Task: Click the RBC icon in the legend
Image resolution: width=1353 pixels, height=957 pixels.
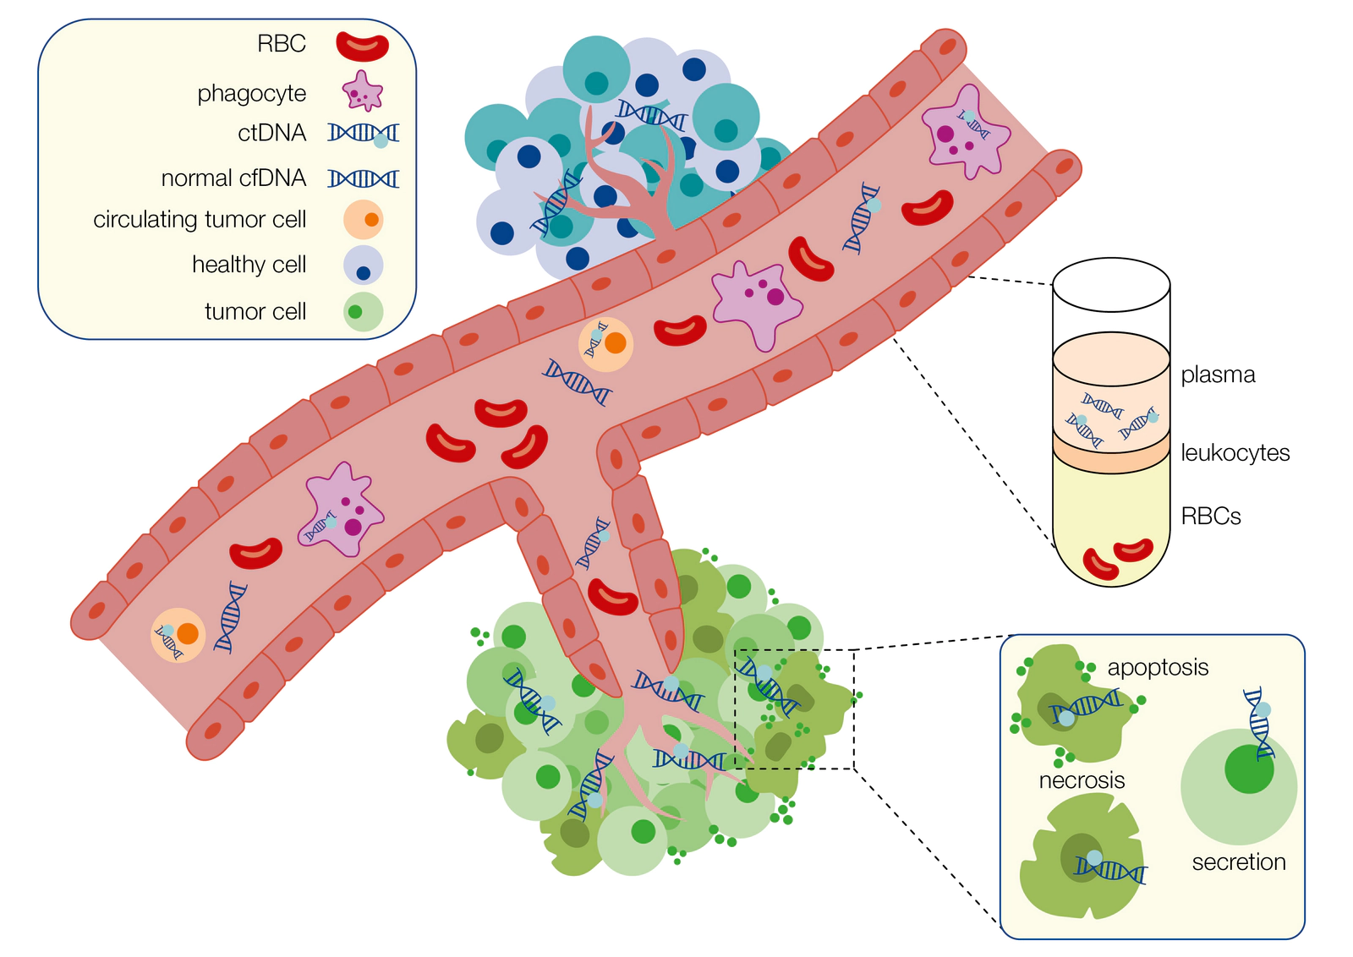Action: pos(363,46)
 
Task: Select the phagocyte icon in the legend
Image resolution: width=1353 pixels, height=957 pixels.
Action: pos(363,91)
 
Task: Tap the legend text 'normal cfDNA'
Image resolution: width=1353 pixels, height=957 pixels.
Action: pos(233,178)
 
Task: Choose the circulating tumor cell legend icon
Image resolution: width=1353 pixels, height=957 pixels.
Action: pos(364,219)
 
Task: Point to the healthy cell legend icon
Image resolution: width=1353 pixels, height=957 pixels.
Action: pos(363,265)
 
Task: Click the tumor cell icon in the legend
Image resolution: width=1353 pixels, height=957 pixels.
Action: pos(363,312)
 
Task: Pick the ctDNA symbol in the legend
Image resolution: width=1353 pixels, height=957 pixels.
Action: pos(364,134)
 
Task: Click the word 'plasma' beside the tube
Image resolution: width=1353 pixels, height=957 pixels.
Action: pos(1218,375)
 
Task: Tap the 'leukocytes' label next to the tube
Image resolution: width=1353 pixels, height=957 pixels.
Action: pos(1235,453)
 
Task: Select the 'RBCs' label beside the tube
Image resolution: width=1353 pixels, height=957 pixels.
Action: pos(1210,517)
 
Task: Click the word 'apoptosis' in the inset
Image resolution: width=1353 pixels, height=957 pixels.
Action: pos(1158,668)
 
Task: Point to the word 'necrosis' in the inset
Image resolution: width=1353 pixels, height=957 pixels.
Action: pos(1082,780)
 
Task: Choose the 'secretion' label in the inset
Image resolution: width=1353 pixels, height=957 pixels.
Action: pos(1239,862)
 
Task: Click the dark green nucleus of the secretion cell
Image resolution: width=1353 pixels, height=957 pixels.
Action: pos(1249,769)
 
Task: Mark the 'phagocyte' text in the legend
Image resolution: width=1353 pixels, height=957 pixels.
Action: pos(252,94)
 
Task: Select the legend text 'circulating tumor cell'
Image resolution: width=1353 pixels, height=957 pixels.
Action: pos(200,219)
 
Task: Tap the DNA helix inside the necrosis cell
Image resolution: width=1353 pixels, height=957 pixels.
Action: pos(1109,868)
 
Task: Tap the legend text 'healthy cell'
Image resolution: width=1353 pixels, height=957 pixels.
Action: pos(249,265)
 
